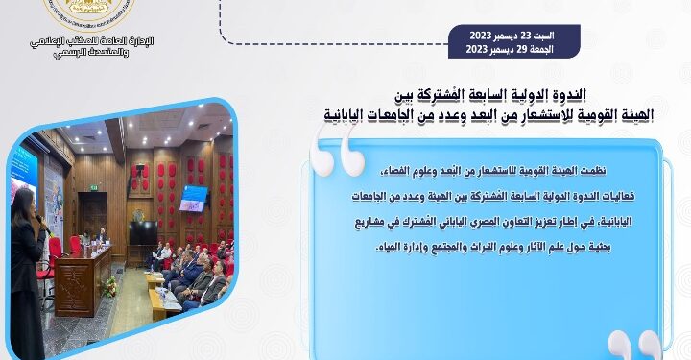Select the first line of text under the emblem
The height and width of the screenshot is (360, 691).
pos(92,40)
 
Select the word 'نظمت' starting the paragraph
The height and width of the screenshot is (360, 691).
pos(619,170)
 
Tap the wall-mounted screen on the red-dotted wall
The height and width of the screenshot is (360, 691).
pos(193,198)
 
